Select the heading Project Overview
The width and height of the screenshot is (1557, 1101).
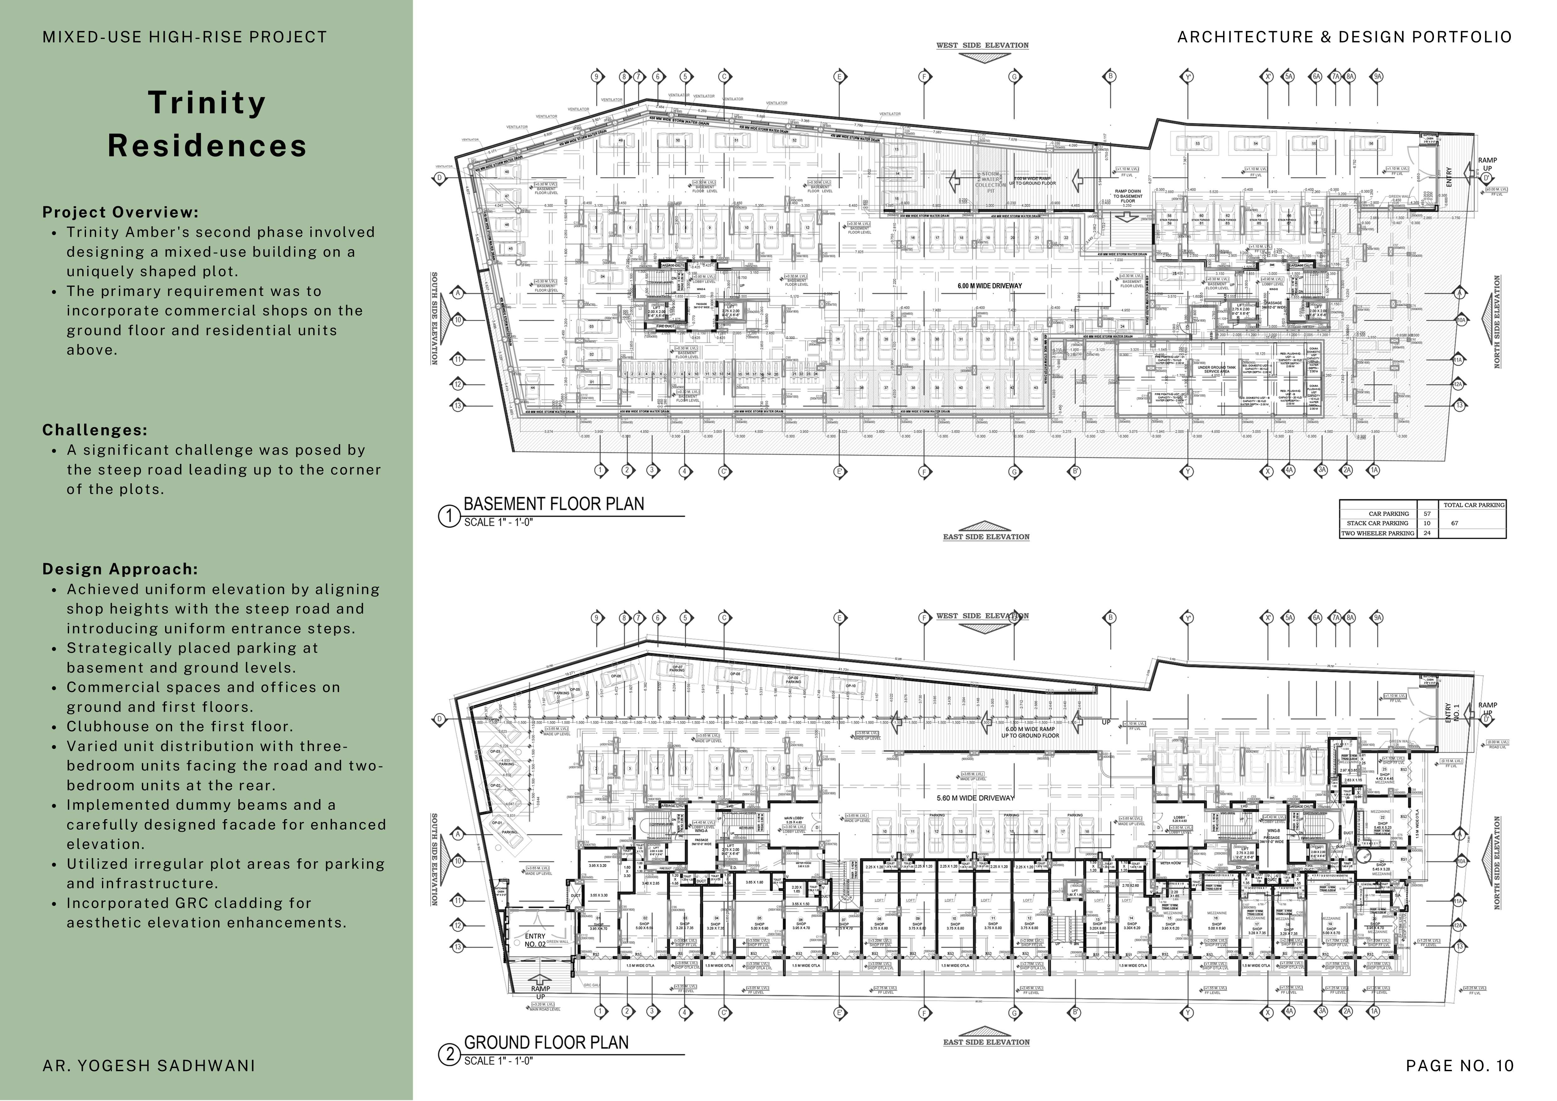click(120, 212)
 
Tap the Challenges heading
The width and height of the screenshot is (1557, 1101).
click(95, 430)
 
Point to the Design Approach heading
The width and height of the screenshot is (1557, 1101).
click(120, 569)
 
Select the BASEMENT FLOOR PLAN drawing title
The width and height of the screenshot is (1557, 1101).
click(553, 504)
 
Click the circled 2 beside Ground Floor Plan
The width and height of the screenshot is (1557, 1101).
click(449, 1055)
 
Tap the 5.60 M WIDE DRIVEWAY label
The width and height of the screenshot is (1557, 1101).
click(975, 798)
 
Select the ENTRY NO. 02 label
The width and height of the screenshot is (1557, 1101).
click(535, 940)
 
